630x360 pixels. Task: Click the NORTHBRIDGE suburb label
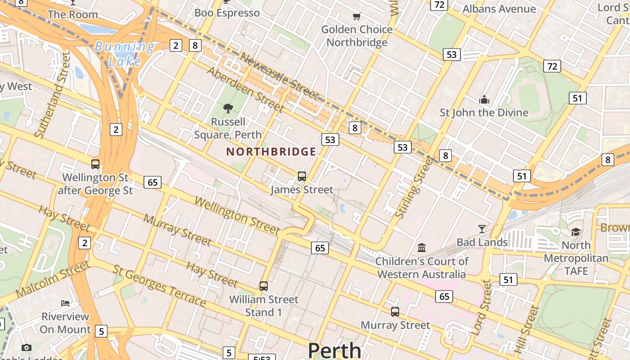coord(271,152)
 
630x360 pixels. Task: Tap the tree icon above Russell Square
coord(228,108)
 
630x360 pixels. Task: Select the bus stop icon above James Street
coord(302,176)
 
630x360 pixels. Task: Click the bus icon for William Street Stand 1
coord(264,286)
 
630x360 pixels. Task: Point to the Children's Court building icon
coord(422,247)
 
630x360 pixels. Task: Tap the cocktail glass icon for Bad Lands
coord(482,229)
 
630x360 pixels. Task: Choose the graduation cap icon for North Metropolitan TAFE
coord(576,232)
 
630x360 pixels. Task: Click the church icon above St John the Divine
coord(484,99)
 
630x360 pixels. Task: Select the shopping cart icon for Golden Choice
coord(356,17)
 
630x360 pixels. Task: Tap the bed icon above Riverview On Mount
coord(65,303)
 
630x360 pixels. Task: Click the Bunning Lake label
coord(125,54)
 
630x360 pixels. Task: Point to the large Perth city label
coord(334,350)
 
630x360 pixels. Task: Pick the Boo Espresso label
coord(227,13)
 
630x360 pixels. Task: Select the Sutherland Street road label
coord(53,94)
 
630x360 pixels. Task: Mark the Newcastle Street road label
coord(279,76)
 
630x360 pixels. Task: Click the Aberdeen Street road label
coord(245,90)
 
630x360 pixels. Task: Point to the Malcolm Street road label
coord(53,279)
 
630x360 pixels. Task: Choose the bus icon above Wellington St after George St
coord(95,164)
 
